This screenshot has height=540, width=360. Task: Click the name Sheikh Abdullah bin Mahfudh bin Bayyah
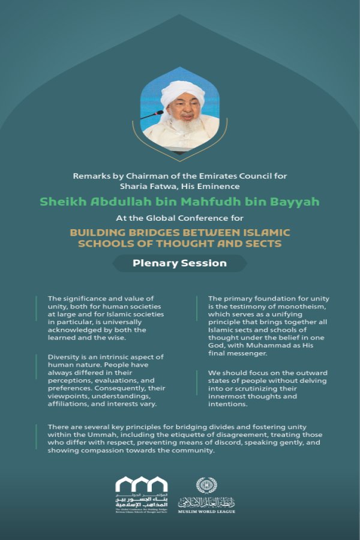[x=179, y=201]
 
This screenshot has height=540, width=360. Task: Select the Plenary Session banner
[x=180, y=263]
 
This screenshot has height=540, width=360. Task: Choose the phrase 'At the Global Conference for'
[x=179, y=218]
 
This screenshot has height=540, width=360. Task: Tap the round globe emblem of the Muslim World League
[x=205, y=485]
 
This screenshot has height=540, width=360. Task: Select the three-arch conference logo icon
[x=141, y=485]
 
